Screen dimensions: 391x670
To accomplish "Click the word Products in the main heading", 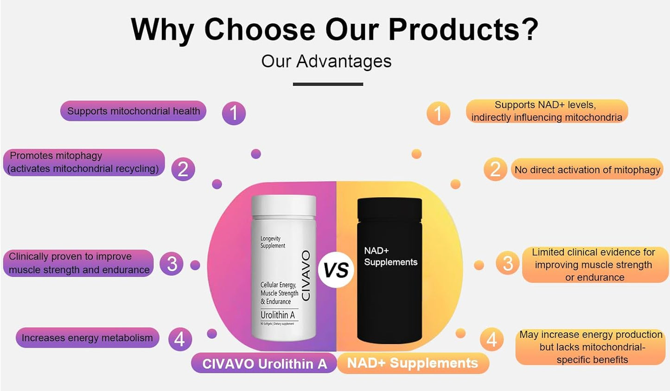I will tap(463, 30).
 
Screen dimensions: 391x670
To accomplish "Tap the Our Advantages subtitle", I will tap(326, 61).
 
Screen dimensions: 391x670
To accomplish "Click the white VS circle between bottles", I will tap(336, 270).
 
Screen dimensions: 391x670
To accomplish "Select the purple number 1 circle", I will tap(234, 113).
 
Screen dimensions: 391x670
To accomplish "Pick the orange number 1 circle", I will tap(438, 113).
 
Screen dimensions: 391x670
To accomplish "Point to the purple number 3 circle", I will tap(172, 264).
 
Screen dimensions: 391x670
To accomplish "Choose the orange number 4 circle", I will tap(492, 339).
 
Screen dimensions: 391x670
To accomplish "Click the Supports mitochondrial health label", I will tap(134, 111).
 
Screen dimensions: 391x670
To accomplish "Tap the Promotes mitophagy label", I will tap(84, 163).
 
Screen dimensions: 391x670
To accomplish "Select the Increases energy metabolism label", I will tap(87, 338).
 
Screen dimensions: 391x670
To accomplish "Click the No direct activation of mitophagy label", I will tap(587, 169).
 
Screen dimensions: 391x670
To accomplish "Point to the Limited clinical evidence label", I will tap(594, 265).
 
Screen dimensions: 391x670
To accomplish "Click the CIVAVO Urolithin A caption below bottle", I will tap(264, 363).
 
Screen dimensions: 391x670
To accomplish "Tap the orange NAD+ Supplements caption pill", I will tap(413, 363).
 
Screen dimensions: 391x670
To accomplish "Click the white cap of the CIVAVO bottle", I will tap(283, 206).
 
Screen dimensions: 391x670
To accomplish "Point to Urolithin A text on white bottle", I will tap(277, 315).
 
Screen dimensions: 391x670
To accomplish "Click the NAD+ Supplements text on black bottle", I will tap(390, 256).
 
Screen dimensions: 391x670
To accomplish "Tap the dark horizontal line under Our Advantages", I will tap(328, 84).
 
